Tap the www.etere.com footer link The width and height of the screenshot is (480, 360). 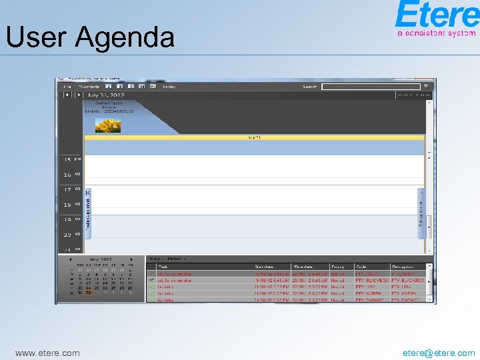[x=47, y=353]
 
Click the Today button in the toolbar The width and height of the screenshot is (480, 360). [x=169, y=87]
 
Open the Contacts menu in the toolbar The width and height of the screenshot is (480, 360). [x=89, y=87]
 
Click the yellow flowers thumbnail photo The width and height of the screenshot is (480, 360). [x=108, y=125]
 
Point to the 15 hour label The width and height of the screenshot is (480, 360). [x=67, y=160]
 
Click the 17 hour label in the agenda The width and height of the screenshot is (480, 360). [x=67, y=190]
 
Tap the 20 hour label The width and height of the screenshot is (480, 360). [x=67, y=235]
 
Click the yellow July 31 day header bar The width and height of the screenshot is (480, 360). [x=254, y=137]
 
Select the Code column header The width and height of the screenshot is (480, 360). [x=361, y=267]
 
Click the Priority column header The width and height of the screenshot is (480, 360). [x=338, y=267]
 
